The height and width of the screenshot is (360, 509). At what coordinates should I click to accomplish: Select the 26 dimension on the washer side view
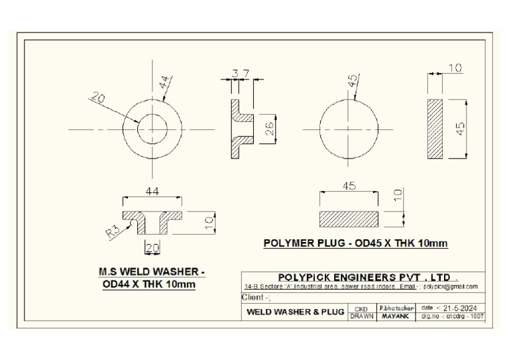pyautogui.click(x=270, y=129)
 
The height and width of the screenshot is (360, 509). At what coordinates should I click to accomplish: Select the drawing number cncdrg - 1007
pyautogui.click(x=453, y=317)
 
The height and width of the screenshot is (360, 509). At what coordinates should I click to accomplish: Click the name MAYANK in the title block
pyautogui.click(x=395, y=317)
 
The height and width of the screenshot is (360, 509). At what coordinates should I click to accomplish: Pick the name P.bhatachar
pyautogui.click(x=396, y=308)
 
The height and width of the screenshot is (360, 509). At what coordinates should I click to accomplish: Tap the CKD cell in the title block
pyautogui.click(x=361, y=308)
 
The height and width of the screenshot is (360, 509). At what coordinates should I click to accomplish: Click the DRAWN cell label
pyautogui.click(x=361, y=317)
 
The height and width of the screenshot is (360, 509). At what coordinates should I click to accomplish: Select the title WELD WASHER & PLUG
pyautogui.click(x=295, y=312)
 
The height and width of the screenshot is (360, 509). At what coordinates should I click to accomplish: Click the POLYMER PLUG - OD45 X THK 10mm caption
pyautogui.click(x=355, y=243)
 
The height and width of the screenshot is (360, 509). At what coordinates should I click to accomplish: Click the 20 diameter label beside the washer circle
pyautogui.click(x=97, y=98)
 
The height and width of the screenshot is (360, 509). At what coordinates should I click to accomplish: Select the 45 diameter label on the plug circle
pyautogui.click(x=353, y=80)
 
